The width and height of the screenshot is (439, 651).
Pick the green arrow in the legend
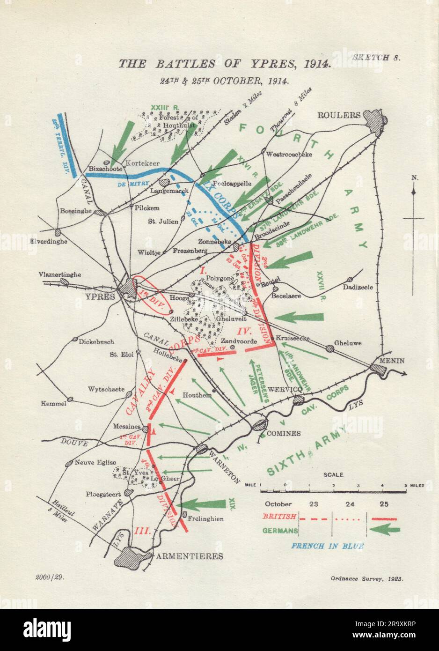384,530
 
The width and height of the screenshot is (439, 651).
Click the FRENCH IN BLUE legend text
327,546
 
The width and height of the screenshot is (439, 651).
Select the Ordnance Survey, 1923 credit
371,579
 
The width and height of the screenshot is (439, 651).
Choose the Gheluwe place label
349,342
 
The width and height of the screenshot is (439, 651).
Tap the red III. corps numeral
142,531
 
